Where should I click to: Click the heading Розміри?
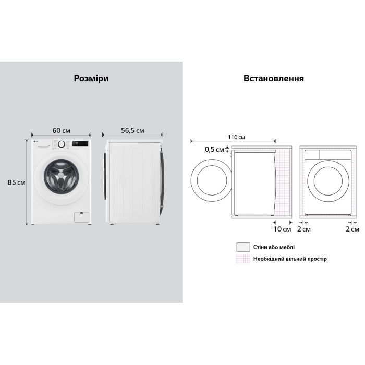91,78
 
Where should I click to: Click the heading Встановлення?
273,78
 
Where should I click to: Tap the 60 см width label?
61,130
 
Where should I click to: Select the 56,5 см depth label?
133,130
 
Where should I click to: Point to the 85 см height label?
16,182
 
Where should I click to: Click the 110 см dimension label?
236,137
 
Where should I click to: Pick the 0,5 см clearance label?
214,150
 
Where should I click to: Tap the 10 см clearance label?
282,229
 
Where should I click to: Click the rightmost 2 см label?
352,229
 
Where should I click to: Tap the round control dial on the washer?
62,144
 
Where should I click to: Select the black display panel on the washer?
80,143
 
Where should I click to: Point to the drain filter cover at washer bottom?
80,216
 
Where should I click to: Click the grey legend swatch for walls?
241,247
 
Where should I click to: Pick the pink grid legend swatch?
241,259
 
